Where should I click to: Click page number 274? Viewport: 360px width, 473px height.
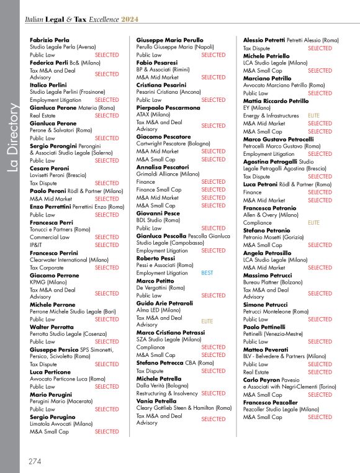[x=35, y=461]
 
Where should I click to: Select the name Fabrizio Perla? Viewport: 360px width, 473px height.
[x=49, y=40]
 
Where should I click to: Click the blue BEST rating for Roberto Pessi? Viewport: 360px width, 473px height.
[x=207, y=273]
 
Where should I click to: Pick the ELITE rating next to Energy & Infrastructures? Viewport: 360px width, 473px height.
[x=313, y=115]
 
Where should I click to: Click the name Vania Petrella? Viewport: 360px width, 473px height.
[x=156, y=401]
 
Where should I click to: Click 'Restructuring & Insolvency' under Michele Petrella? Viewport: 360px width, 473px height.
[x=167, y=394]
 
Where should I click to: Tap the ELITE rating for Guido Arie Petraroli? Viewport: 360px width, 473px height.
[x=207, y=321]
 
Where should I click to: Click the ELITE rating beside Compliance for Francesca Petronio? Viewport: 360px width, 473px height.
[x=313, y=222]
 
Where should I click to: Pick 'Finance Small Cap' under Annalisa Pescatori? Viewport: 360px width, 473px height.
[x=159, y=190]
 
